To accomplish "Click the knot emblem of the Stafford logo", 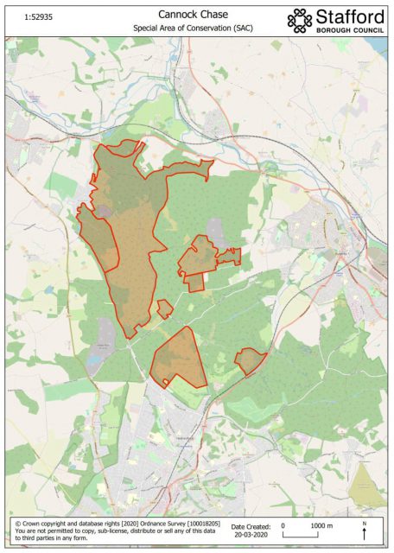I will [x=300, y=20].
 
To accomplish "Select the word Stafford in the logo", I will [x=350, y=16].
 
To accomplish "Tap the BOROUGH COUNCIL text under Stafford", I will [x=350, y=32].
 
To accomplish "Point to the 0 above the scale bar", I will [x=283, y=525].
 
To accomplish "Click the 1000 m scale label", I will [x=321, y=525].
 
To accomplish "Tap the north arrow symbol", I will [x=365, y=535].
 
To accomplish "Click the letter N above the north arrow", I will [x=365, y=524].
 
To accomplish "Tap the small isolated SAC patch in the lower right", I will [x=250, y=360].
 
